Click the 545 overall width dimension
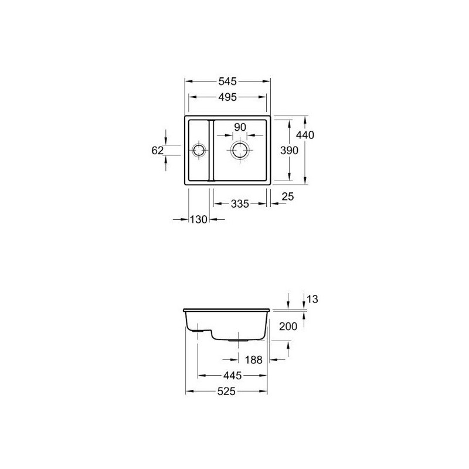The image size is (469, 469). click(227, 81)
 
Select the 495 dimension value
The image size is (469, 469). click(227, 97)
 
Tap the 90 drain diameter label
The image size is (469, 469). click(240, 127)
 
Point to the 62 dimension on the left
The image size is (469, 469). click(157, 151)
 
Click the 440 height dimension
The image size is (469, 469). click(305, 135)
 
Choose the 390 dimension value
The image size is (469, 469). click(289, 151)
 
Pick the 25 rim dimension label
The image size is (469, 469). click(288, 196)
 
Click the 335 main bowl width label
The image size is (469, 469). click(240, 204)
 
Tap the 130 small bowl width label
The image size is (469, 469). click(199, 219)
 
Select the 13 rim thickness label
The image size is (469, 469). click(312, 299)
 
